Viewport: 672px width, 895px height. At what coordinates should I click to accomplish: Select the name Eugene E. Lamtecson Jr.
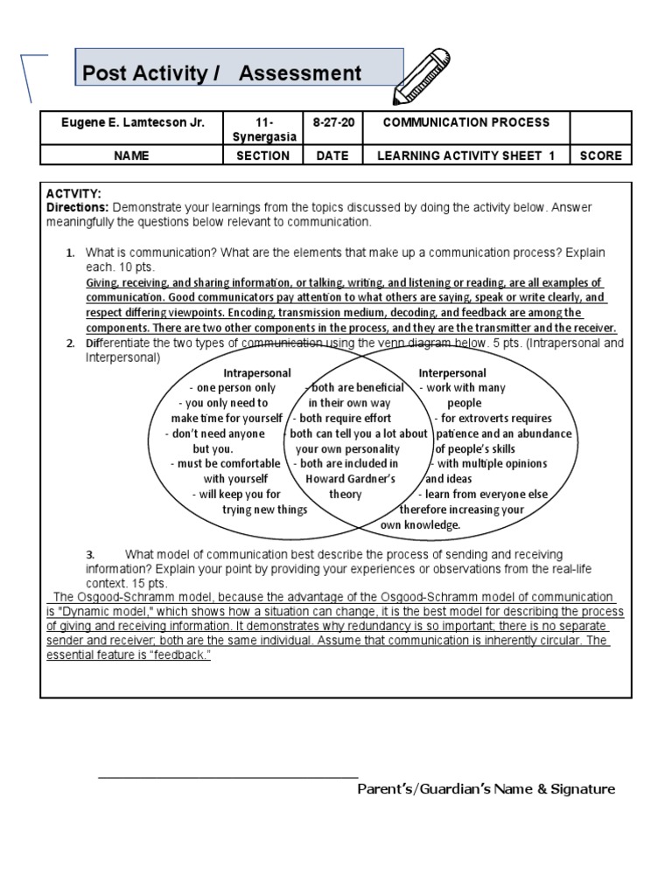133,122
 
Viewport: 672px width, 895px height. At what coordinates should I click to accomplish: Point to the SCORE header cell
600,156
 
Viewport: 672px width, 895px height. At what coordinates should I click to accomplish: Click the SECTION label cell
262,156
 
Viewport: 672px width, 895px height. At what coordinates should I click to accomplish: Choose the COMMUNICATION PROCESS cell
466,122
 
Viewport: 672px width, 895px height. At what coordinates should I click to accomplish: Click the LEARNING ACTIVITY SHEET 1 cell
466,156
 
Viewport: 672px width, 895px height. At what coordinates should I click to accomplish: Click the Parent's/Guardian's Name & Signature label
486,789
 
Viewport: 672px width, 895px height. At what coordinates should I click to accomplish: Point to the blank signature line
227,775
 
